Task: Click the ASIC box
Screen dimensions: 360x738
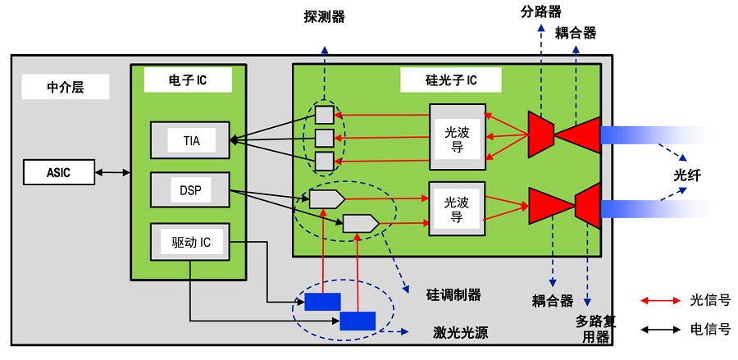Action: pyautogui.click(x=59, y=172)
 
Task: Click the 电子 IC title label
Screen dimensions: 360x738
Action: pyautogui.click(x=187, y=80)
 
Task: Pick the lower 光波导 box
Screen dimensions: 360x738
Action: pyautogui.click(x=457, y=209)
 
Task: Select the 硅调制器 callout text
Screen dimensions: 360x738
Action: pyautogui.click(x=453, y=294)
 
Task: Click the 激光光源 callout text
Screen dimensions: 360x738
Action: pyautogui.click(x=458, y=333)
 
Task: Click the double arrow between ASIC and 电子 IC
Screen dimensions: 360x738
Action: pyautogui.click(x=113, y=172)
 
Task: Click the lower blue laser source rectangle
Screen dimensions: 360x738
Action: pyautogui.click(x=358, y=321)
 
